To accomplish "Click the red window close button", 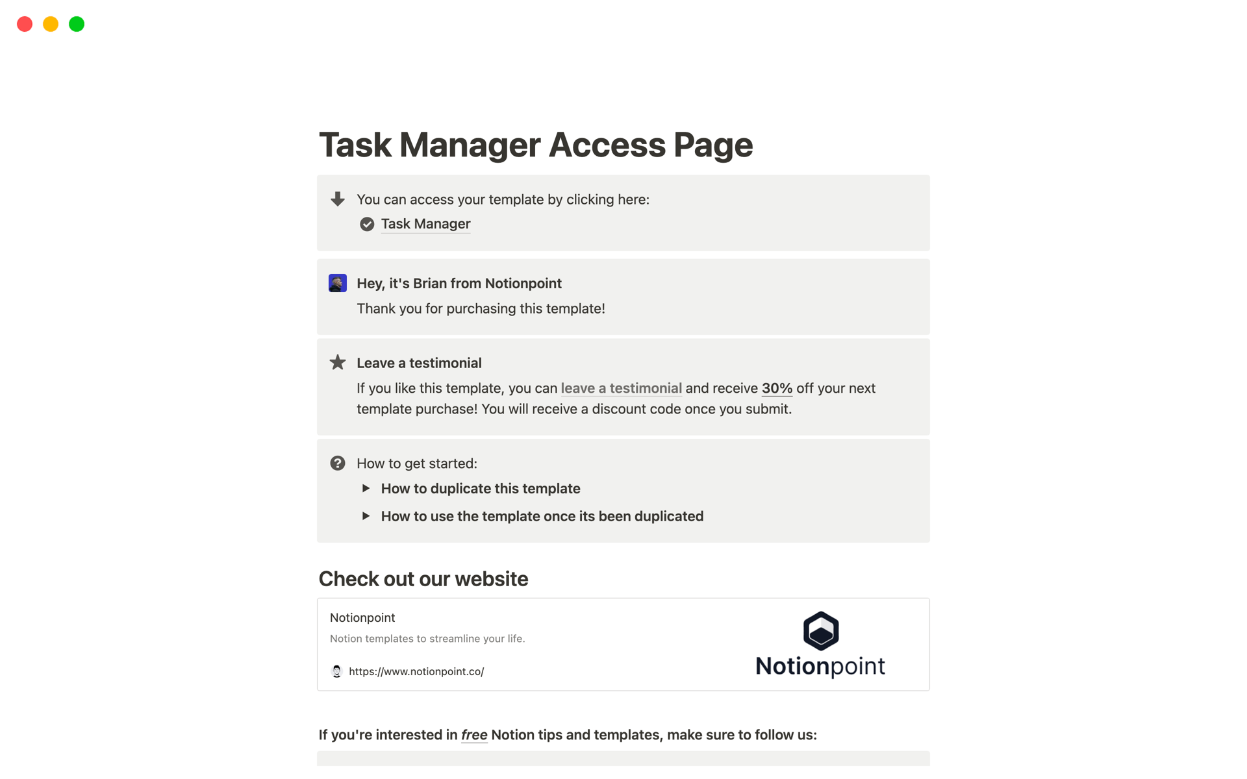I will click(x=25, y=24).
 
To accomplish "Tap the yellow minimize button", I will click(x=51, y=24).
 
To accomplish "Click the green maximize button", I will click(x=77, y=24).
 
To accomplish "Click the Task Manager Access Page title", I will click(x=535, y=144).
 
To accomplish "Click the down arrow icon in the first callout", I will click(x=338, y=199).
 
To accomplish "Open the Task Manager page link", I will click(x=425, y=224).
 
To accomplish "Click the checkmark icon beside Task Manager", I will click(x=367, y=224).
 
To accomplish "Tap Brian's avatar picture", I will click(x=338, y=283).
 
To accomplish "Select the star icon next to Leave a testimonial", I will click(x=338, y=362).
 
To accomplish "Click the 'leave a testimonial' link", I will click(x=621, y=388).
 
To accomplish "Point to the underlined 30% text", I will click(x=777, y=388).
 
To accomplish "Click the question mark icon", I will click(x=338, y=463).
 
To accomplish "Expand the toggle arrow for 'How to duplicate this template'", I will click(x=366, y=488).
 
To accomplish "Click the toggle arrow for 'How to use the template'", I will click(x=366, y=516).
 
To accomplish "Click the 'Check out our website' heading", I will click(x=423, y=578).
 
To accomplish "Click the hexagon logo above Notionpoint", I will click(x=821, y=630).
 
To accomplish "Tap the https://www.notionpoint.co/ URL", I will click(x=416, y=671).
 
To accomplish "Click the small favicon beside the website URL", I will click(x=336, y=671).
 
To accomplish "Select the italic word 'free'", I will click(x=474, y=735).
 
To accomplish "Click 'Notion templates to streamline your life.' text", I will click(x=427, y=639).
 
